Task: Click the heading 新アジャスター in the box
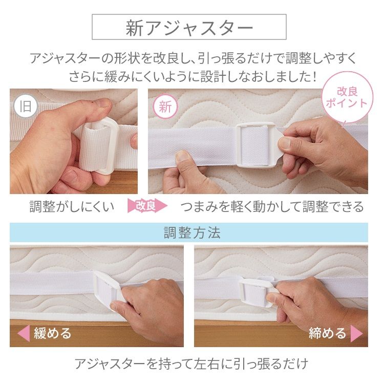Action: tap(189, 28)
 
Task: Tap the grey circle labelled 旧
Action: tap(24, 107)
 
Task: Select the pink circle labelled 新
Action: tap(165, 107)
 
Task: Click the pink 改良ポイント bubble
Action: tap(347, 97)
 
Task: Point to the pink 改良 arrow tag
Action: tap(147, 206)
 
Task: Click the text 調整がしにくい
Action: tap(72, 206)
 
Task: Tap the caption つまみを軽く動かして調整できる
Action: tap(272, 206)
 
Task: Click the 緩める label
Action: tap(53, 334)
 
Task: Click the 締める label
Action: tap(327, 334)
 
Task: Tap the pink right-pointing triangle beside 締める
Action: tap(357, 334)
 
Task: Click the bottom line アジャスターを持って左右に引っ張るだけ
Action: tap(191, 364)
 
